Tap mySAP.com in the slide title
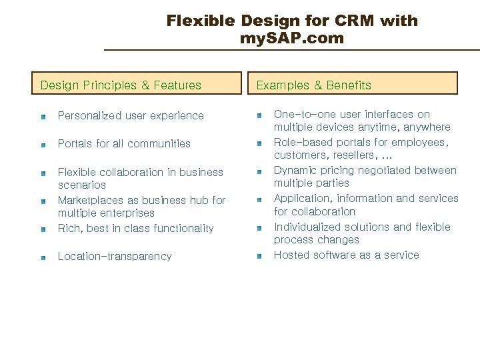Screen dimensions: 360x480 [292, 39]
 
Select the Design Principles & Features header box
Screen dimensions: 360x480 [138, 84]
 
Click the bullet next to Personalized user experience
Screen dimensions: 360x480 [43, 117]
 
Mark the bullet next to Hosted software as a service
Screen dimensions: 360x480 [259, 256]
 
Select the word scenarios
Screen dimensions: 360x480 [82, 185]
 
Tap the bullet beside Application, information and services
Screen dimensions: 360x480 [259, 199]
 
